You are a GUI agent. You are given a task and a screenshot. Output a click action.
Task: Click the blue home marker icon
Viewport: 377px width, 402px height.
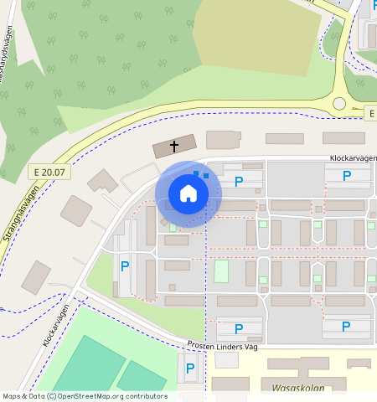pos(188,194)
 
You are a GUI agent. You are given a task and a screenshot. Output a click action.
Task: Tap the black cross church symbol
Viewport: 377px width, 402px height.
pos(174,147)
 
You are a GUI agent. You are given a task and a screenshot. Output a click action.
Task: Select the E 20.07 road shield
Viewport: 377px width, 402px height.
pos(49,172)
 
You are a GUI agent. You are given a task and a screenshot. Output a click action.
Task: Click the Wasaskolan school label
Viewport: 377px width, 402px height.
pos(297,389)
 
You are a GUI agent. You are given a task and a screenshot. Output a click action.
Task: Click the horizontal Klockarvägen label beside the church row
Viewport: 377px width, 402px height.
pos(353,157)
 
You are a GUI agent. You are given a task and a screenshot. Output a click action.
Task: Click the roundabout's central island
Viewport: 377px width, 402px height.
pos(339,104)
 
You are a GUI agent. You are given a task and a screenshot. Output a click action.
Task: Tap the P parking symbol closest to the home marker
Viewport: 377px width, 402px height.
pos(239,182)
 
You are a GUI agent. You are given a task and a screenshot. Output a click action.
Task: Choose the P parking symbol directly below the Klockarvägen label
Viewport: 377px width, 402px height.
pos(348,176)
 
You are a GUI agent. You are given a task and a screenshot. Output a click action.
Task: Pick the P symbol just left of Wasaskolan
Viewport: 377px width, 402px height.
pos(190,368)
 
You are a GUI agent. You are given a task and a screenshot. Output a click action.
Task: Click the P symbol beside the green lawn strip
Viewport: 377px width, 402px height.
pos(125,266)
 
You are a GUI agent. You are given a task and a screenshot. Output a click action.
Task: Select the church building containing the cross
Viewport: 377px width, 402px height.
pos(175,147)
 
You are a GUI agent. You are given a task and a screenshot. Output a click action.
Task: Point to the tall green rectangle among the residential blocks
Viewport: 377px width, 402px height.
pos(221,271)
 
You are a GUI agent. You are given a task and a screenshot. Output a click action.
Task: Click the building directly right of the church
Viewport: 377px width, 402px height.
pos(223,140)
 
